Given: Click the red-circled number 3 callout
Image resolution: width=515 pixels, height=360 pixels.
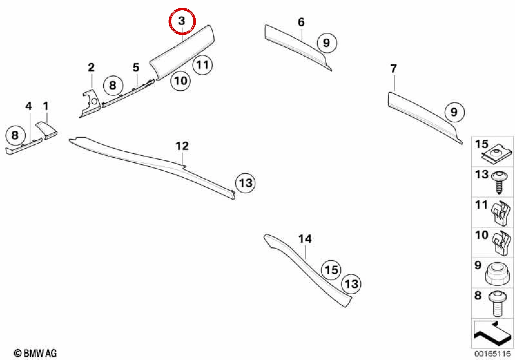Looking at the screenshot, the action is click(x=182, y=21).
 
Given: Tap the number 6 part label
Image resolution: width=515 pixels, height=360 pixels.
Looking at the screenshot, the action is click(x=301, y=22).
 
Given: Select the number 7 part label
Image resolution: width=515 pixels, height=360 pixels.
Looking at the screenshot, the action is click(x=394, y=69).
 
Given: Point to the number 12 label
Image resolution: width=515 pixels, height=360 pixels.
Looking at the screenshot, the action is click(x=182, y=146).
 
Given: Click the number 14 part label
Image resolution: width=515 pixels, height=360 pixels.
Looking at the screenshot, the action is click(x=305, y=239).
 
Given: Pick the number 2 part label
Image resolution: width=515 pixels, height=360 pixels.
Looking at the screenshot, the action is click(x=91, y=67).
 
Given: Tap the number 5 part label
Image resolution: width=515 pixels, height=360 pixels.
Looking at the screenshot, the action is click(x=136, y=67).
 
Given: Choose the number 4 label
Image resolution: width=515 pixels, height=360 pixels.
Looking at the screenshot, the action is click(x=28, y=106).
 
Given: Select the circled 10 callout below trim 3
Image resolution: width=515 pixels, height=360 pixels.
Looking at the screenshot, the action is click(x=180, y=81).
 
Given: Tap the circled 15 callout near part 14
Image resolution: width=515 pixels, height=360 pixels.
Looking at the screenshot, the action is click(x=331, y=270).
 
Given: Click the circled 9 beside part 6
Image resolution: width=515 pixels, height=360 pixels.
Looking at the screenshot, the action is click(x=327, y=43).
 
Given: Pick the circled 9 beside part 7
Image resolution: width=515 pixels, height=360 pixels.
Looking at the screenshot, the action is click(x=454, y=112).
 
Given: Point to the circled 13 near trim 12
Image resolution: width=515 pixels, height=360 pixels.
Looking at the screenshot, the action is click(x=245, y=183).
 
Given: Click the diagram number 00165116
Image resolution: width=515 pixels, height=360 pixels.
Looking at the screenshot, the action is click(x=493, y=354).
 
